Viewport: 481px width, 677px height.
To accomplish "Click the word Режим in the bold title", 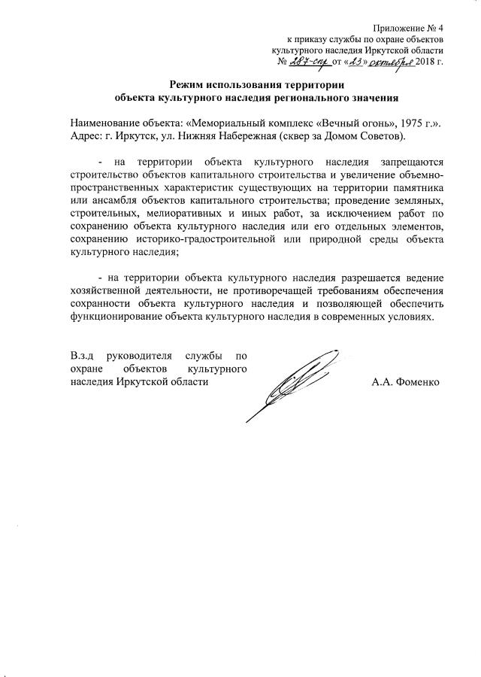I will [189, 84].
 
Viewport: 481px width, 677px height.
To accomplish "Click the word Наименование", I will [107, 123].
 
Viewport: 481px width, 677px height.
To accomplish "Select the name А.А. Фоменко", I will [406, 381].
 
